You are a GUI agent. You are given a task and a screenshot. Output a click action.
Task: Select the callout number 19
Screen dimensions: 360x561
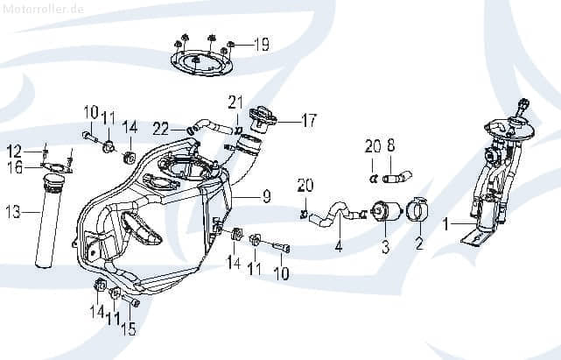pyautogui.click(x=262, y=44)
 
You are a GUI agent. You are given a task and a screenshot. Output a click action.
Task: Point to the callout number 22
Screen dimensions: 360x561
pyautogui.click(x=162, y=129)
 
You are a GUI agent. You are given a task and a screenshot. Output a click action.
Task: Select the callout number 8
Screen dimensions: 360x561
pyautogui.click(x=391, y=145)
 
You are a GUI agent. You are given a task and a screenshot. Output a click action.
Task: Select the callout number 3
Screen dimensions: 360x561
pyautogui.click(x=384, y=249)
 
